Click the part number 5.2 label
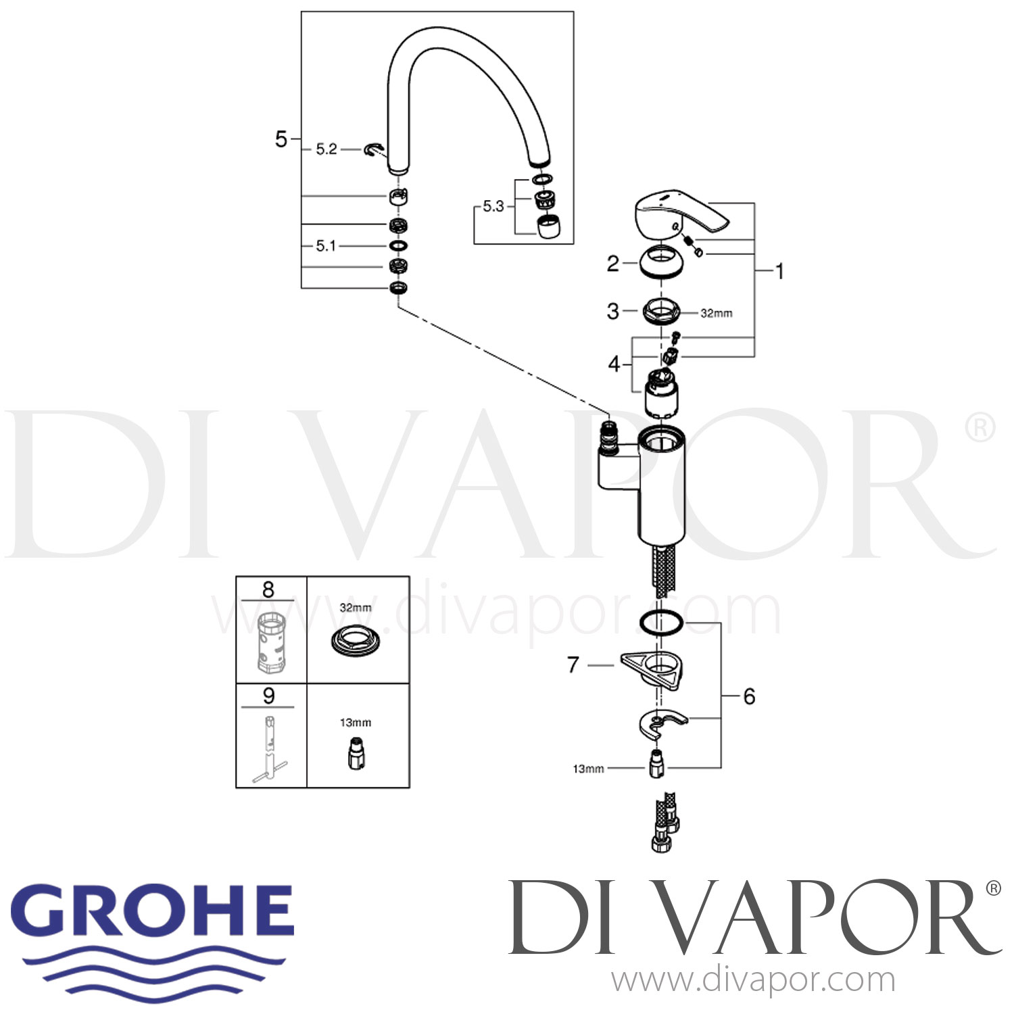(x=327, y=149)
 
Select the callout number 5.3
(x=493, y=206)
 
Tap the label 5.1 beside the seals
(x=326, y=245)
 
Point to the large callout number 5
(x=281, y=139)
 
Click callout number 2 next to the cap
(x=612, y=263)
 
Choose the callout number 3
(x=612, y=311)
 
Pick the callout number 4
(x=613, y=364)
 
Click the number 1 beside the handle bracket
(x=779, y=271)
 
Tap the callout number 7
(x=573, y=665)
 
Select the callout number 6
(x=749, y=696)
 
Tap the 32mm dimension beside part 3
(x=716, y=313)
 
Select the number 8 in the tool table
(x=268, y=590)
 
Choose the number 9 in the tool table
(x=268, y=696)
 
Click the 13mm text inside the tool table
(x=356, y=723)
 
